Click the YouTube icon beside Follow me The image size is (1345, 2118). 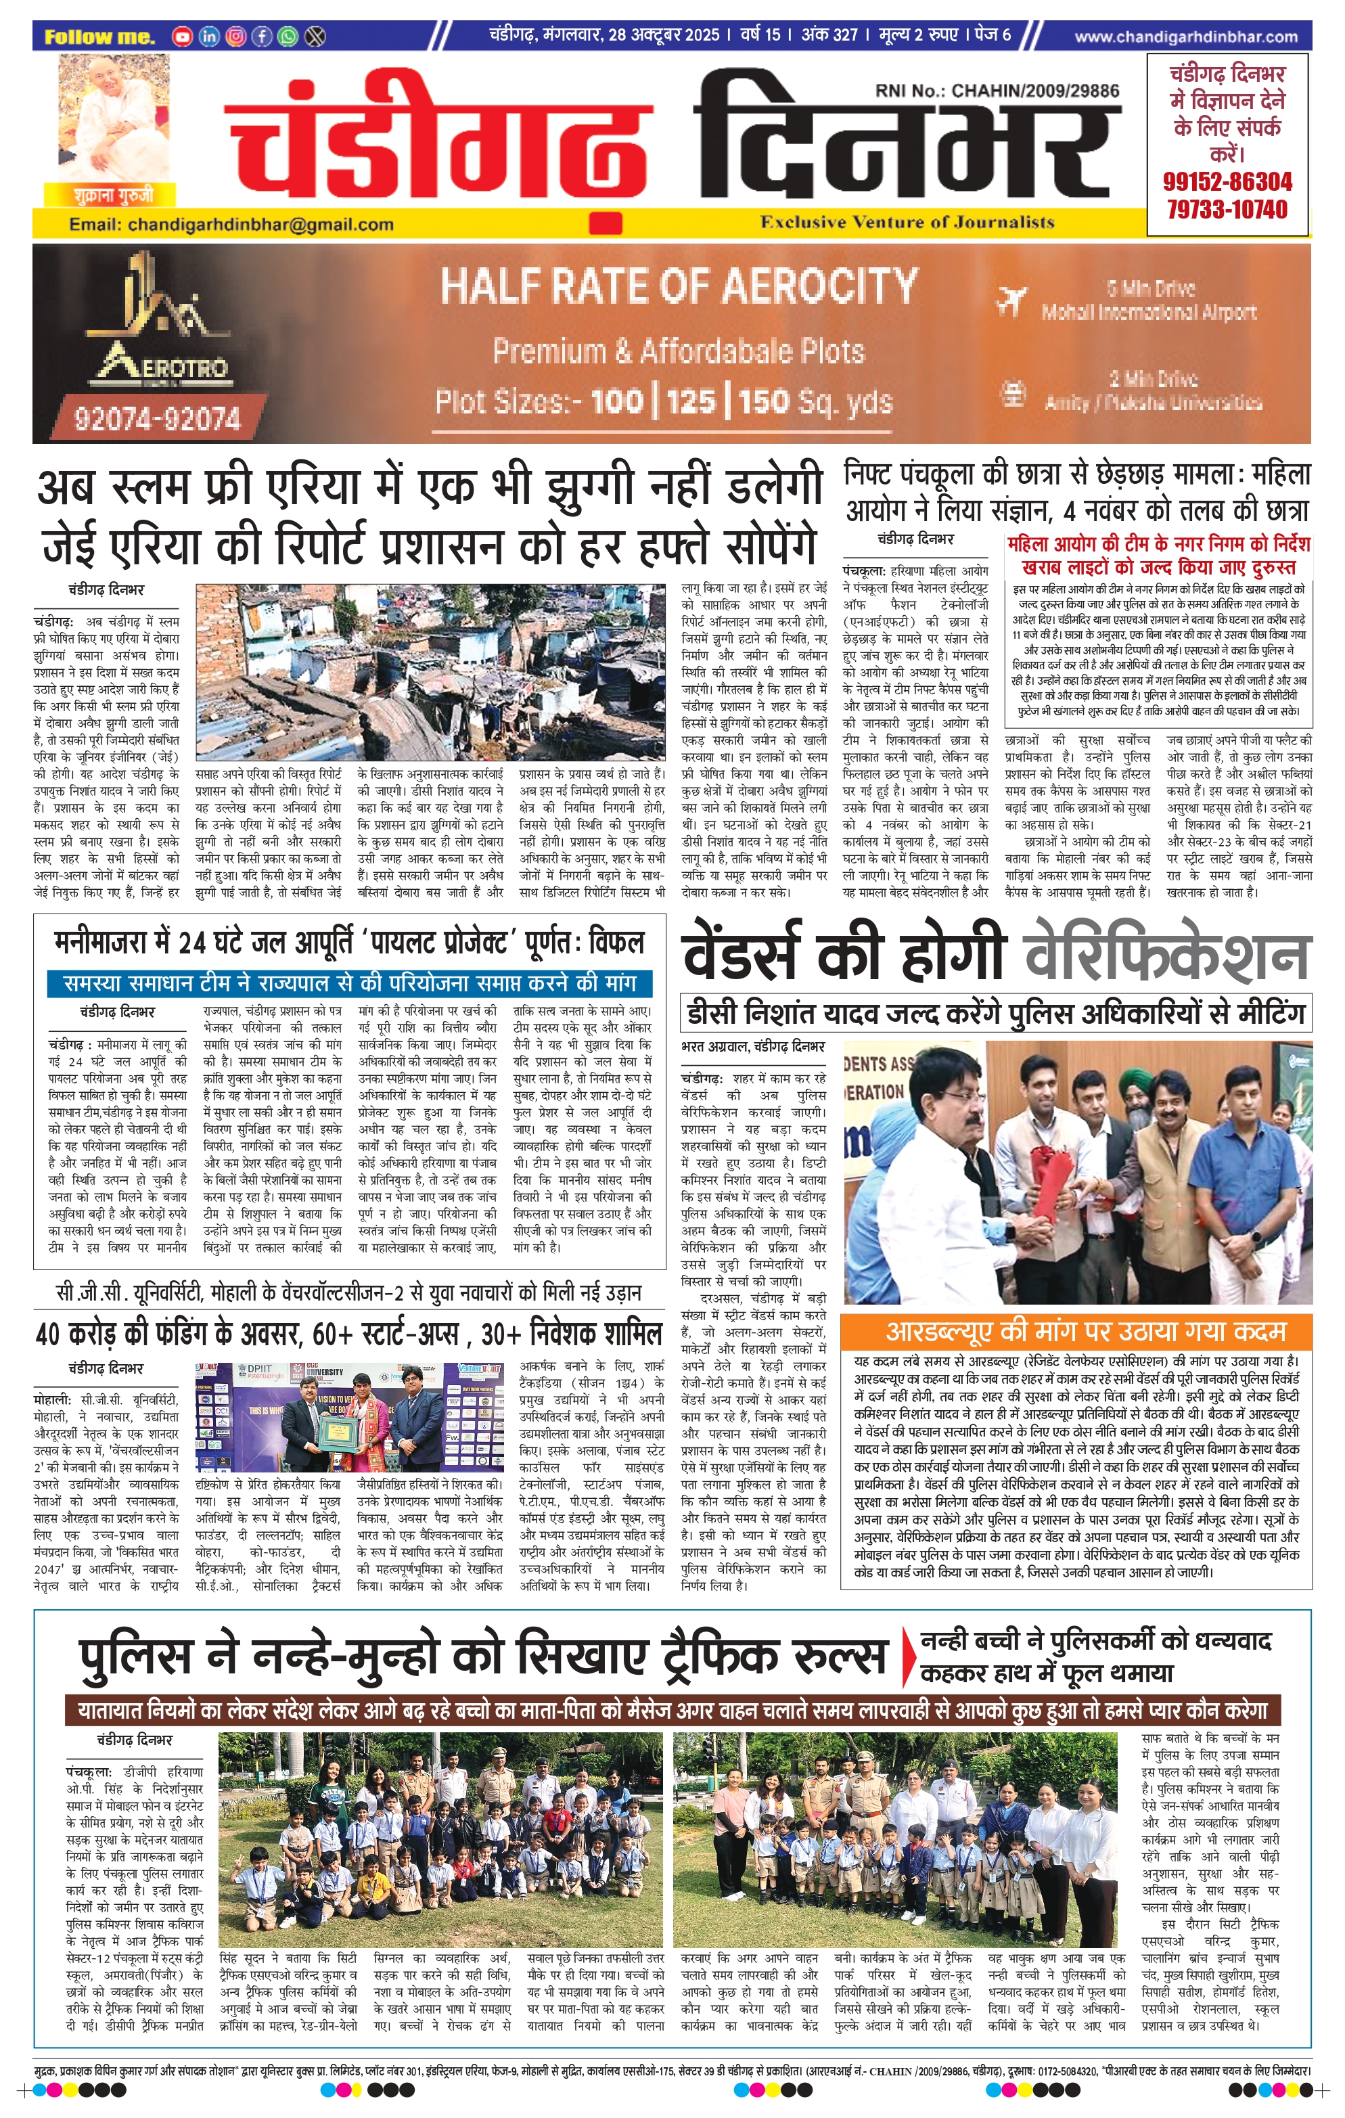[x=182, y=36]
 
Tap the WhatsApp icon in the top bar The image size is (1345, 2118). [x=288, y=36]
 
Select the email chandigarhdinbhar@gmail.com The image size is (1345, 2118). [x=231, y=224]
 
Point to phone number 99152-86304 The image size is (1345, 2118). [x=1227, y=182]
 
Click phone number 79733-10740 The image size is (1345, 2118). [x=1227, y=209]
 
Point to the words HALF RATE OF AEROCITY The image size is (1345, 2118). [x=678, y=286]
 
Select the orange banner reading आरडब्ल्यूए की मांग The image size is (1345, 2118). [x=1074, y=1330]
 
